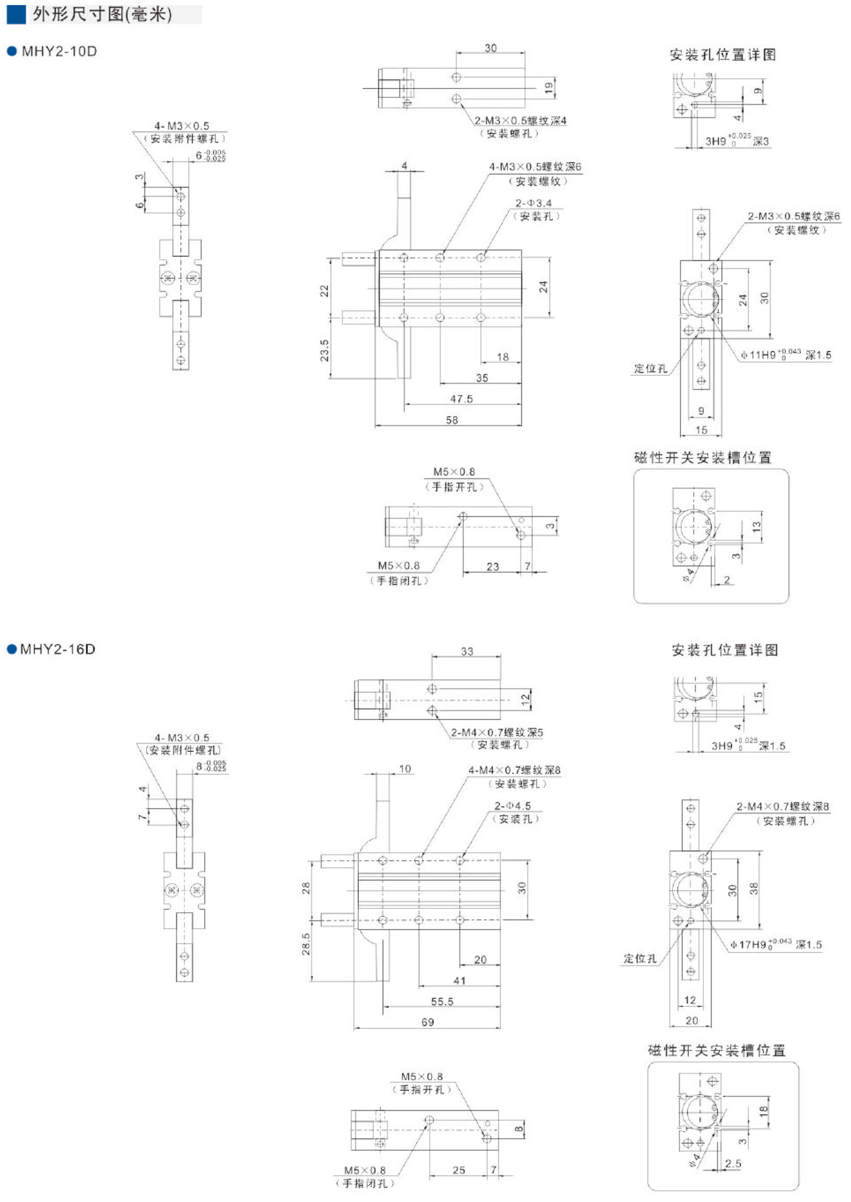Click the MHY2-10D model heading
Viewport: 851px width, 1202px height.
coord(59,51)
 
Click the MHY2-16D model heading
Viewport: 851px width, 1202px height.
coord(58,649)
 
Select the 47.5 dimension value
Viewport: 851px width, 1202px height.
coord(462,399)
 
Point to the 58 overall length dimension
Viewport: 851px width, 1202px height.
coord(452,420)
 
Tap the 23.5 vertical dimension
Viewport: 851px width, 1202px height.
coord(324,351)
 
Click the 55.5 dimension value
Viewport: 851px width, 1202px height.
coord(442,1002)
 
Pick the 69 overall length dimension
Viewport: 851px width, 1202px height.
coord(428,1022)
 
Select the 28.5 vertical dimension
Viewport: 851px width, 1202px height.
coord(306,944)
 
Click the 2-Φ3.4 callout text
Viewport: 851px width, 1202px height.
coord(534,203)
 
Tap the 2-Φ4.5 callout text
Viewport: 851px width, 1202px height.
coord(513,806)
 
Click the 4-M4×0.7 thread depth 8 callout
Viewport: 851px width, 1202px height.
coord(515,770)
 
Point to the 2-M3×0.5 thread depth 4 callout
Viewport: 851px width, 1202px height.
coord(520,121)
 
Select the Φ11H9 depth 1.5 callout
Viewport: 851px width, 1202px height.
coord(786,355)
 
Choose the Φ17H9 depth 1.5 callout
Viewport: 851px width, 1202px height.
coord(776,945)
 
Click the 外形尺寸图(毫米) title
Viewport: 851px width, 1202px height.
coord(102,14)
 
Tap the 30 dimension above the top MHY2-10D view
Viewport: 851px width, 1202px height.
coord(491,48)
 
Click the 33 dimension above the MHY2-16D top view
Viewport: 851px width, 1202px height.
coord(467,651)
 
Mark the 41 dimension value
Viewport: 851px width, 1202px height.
coord(460,980)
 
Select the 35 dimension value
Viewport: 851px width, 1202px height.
coord(482,378)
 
